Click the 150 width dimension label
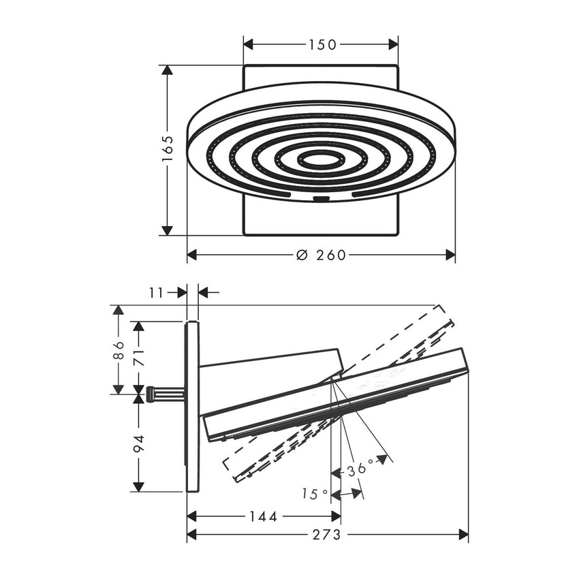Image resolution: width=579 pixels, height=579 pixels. (322, 45)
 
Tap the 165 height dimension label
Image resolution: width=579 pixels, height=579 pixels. (168, 148)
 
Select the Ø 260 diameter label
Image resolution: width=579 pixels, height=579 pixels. (322, 255)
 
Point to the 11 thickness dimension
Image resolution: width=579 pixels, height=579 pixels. (156, 293)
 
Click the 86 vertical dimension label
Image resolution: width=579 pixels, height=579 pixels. (119, 350)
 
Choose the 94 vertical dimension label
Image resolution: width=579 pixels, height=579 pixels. (139, 444)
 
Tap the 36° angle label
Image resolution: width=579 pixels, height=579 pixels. (361, 467)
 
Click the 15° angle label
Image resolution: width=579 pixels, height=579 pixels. (315, 494)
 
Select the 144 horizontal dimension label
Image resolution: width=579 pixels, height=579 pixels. (264, 516)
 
